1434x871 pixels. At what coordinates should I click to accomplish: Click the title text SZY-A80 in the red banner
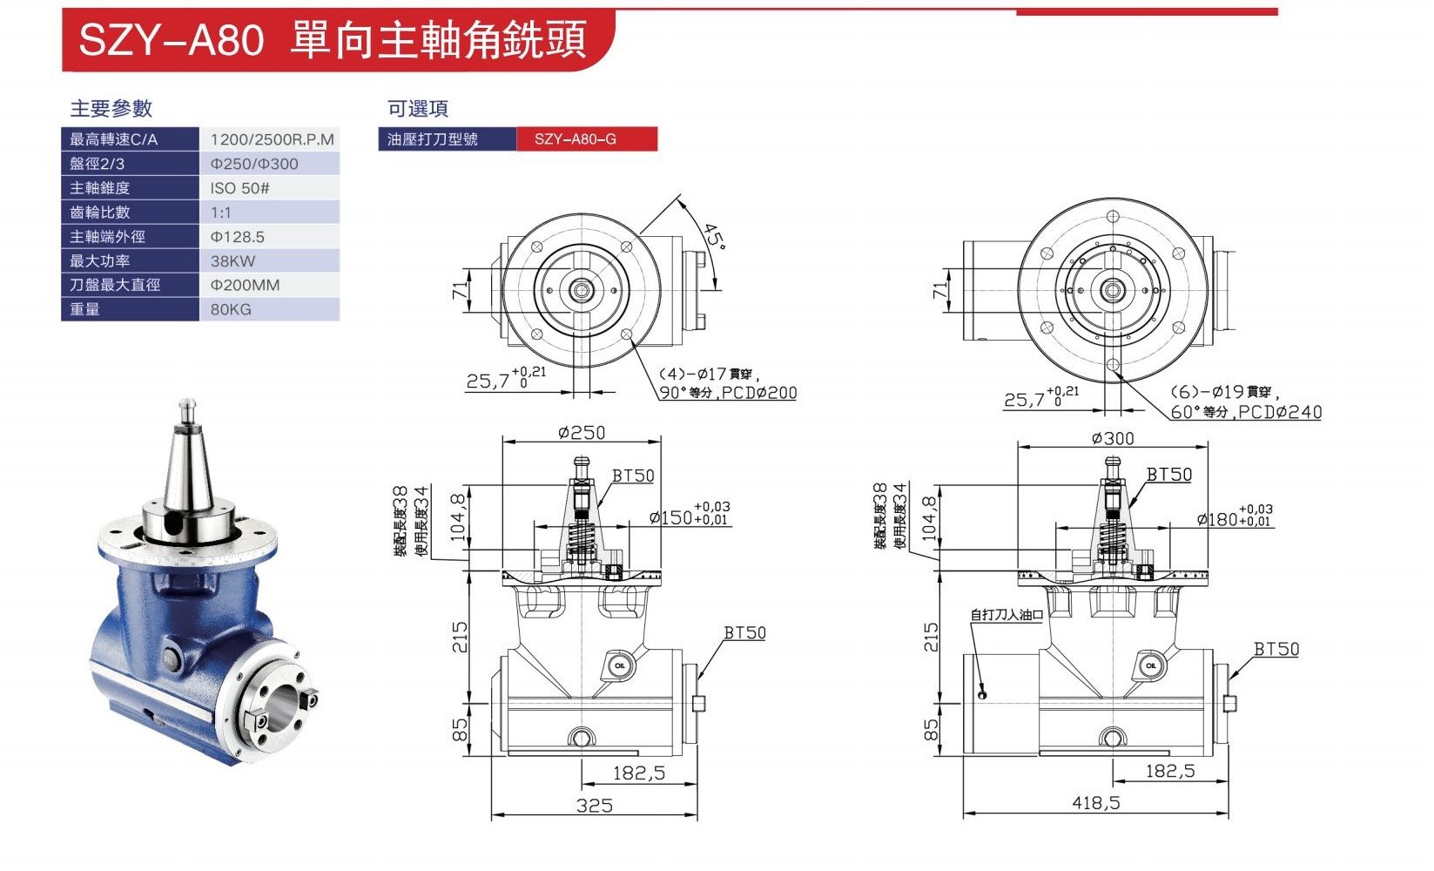[171, 40]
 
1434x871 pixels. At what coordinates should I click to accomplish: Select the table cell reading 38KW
[233, 261]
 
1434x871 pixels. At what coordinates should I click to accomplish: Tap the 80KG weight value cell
[231, 309]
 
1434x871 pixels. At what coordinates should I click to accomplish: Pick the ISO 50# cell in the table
[239, 188]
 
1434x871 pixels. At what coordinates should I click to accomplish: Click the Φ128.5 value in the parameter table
[237, 237]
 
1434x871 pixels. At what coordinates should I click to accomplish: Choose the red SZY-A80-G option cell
[586, 139]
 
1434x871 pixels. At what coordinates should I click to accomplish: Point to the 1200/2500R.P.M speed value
[272, 139]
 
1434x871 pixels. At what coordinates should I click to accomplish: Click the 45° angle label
[714, 235]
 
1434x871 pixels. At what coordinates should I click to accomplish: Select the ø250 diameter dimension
[582, 433]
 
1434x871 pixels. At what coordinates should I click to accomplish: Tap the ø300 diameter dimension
[1113, 438]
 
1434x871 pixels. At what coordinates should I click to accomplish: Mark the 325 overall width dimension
[594, 806]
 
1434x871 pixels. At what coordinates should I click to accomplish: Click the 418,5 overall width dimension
[1095, 803]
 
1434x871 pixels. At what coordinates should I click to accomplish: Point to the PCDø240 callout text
[1280, 412]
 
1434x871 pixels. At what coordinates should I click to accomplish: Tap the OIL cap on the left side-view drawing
[619, 666]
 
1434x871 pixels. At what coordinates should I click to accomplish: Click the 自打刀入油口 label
[1006, 615]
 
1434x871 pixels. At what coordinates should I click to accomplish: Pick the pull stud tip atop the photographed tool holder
[185, 405]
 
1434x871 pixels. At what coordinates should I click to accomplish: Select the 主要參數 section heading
[111, 109]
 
